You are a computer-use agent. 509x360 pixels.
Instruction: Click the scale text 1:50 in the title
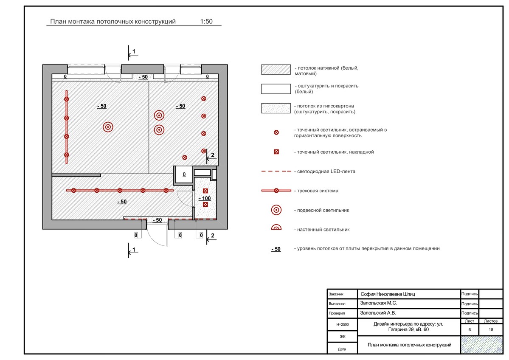(206, 22)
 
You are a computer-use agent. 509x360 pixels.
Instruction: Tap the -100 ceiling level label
(205, 198)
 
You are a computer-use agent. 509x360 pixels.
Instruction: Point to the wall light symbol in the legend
(276, 228)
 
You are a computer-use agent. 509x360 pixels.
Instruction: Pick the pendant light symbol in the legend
(276, 210)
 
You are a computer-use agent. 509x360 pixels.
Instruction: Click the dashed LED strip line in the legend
(276, 172)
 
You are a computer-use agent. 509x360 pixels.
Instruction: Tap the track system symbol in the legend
(276, 191)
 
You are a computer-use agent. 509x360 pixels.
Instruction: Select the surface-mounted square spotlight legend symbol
(276, 152)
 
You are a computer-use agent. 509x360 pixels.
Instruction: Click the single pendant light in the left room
(108, 127)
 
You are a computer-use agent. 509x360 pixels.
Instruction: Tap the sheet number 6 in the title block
(470, 329)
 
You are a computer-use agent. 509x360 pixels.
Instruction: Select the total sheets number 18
(491, 329)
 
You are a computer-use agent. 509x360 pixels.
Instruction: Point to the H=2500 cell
(342, 324)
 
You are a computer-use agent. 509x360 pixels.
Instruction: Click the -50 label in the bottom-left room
(121, 202)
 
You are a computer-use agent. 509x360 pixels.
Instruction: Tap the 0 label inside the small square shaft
(184, 174)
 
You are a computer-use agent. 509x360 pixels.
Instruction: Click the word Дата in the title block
(342, 349)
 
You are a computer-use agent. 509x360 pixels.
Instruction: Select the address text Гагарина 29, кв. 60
(408, 329)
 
